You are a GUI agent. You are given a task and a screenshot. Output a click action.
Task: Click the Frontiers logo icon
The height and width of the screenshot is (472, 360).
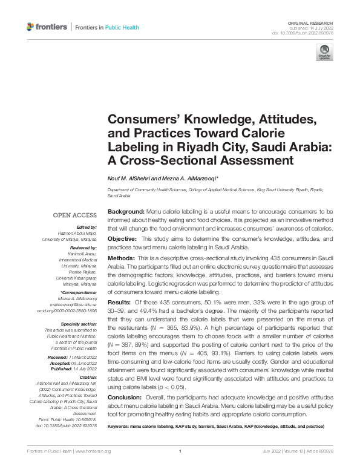point(31,27)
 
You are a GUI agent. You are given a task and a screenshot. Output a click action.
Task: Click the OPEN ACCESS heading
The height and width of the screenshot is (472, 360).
point(75,215)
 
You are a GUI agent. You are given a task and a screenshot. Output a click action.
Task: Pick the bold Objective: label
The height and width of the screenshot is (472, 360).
point(123,239)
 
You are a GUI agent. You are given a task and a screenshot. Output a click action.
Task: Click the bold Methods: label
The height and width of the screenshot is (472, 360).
point(121,258)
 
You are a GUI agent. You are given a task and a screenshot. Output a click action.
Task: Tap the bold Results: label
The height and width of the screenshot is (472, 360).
point(120,301)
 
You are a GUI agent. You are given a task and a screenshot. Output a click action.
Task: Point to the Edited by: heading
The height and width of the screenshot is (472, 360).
point(86,226)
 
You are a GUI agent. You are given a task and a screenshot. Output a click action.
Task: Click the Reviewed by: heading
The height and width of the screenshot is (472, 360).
point(83,248)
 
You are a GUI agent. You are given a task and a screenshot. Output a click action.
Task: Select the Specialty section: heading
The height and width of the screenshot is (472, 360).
point(80,324)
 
